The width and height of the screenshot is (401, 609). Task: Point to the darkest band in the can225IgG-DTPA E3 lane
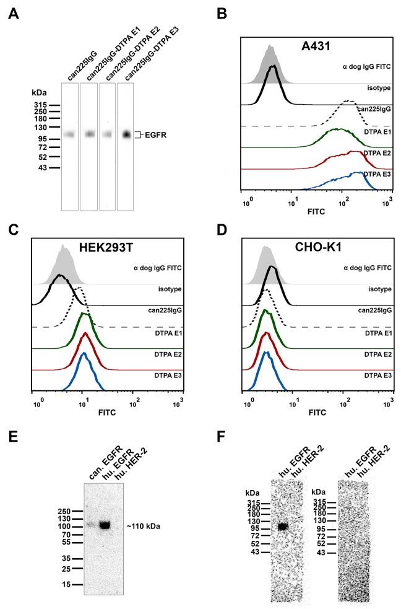coord(126,134)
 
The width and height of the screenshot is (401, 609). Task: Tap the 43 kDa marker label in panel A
coord(41,167)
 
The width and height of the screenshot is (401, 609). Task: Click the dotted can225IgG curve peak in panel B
coord(350,101)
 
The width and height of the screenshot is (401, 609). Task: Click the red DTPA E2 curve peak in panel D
coord(267,334)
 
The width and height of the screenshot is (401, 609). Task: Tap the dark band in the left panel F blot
coord(283,527)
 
